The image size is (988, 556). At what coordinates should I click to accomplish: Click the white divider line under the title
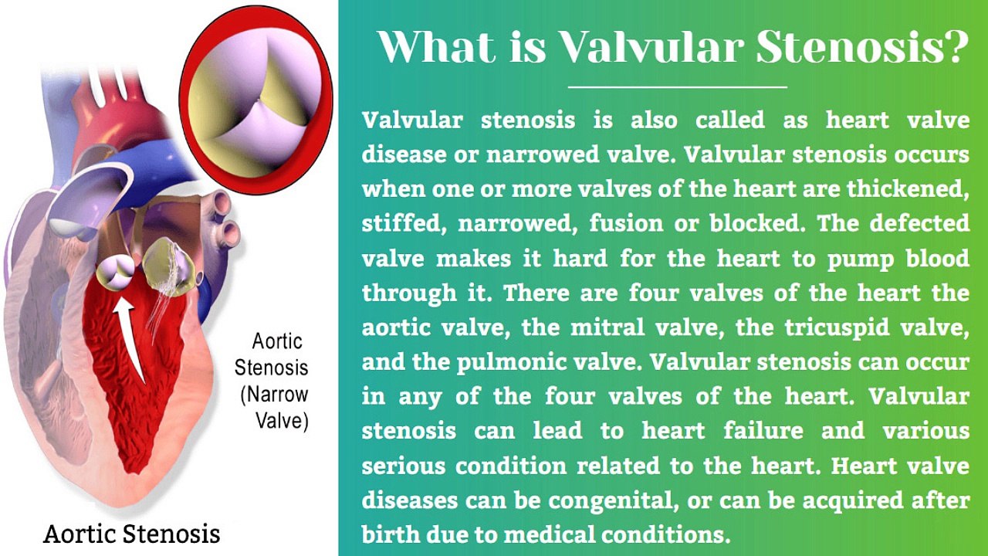(x=677, y=87)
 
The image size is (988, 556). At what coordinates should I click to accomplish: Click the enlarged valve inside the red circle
(x=255, y=100)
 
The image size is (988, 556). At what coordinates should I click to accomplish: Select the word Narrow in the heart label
(x=278, y=394)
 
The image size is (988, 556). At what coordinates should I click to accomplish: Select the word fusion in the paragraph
(x=626, y=223)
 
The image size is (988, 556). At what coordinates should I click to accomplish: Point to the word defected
(x=919, y=223)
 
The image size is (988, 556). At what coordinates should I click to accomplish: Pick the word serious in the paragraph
(x=403, y=466)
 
